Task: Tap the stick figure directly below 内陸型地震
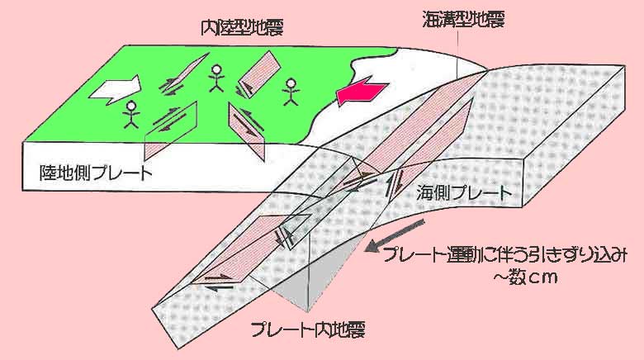click(215, 77)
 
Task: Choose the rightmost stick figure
click(290, 92)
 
